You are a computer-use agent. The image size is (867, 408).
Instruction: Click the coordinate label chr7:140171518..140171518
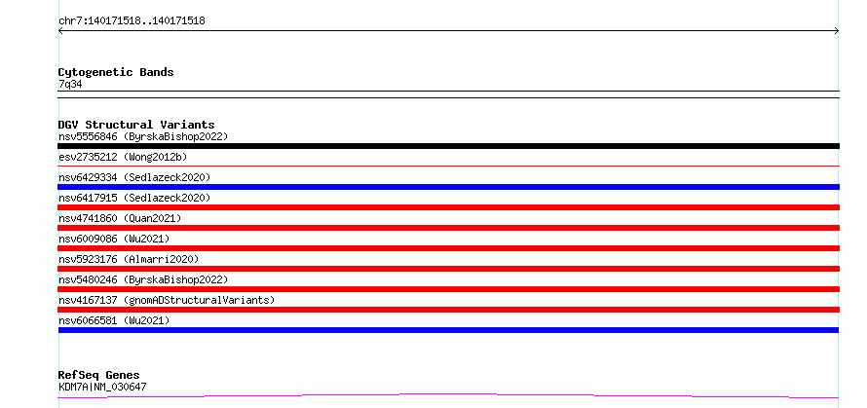pyautogui.click(x=132, y=21)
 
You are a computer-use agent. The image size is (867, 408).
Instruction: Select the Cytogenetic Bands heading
pyautogui.click(x=116, y=72)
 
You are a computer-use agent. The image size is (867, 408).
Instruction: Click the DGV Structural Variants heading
pyautogui.click(x=136, y=125)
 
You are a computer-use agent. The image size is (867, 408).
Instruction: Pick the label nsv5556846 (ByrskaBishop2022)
pyautogui.click(x=143, y=136)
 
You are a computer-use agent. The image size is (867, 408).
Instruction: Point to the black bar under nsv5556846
pyautogui.click(x=448, y=146)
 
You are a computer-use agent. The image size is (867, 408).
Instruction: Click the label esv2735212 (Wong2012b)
pyautogui.click(x=123, y=157)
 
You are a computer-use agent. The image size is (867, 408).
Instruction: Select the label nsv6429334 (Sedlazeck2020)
pyautogui.click(x=134, y=177)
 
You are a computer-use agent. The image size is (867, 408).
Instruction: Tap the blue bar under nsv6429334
pyautogui.click(x=448, y=187)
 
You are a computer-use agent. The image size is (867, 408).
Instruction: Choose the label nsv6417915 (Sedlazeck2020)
pyautogui.click(x=134, y=198)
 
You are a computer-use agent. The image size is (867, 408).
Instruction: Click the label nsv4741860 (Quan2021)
pyautogui.click(x=120, y=218)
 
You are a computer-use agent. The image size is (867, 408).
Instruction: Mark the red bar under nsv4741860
pyautogui.click(x=448, y=228)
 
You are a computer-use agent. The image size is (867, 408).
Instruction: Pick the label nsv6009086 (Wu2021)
pyautogui.click(x=114, y=239)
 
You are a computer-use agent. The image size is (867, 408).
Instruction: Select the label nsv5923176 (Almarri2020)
pyautogui.click(x=129, y=259)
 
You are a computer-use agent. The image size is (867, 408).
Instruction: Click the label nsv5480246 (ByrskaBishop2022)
pyautogui.click(x=143, y=279)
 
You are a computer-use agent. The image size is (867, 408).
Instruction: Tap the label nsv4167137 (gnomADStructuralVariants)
pyautogui.click(x=167, y=300)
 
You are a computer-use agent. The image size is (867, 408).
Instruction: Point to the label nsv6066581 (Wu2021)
pyautogui.click(x=114, y=320)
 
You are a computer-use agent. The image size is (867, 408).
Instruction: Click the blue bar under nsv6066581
pyautogui.click(x=448, y=330)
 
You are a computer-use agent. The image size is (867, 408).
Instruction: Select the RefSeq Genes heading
pyautogui.click(x=99, y=375)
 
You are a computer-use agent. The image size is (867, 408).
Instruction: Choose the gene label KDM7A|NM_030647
pyautogui.click(x=102, y=387)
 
